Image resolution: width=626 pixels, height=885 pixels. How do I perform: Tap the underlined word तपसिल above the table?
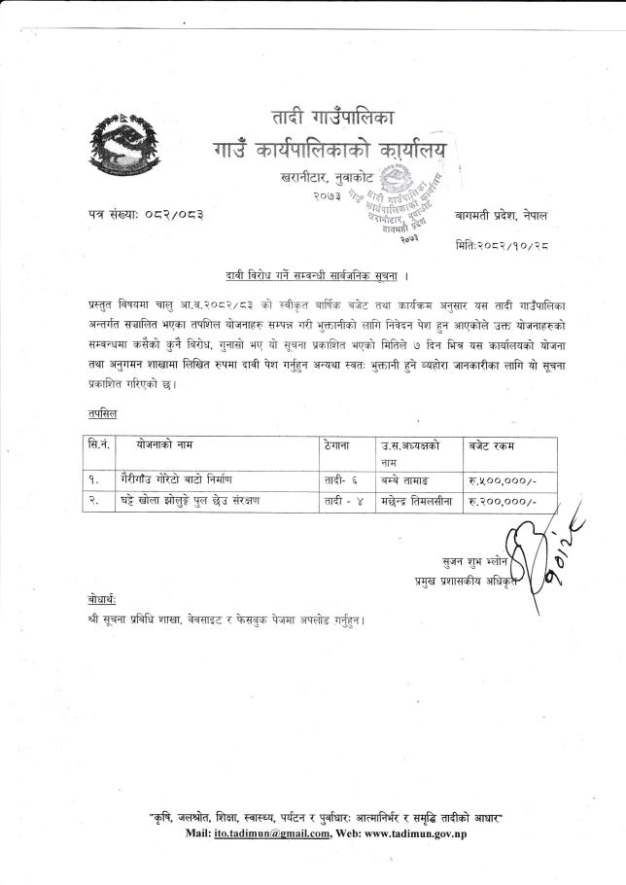tap(101, 413)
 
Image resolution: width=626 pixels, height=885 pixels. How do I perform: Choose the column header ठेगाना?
tap(341, 444)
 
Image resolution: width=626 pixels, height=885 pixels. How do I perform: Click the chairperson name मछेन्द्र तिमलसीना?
tap(418, 501)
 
